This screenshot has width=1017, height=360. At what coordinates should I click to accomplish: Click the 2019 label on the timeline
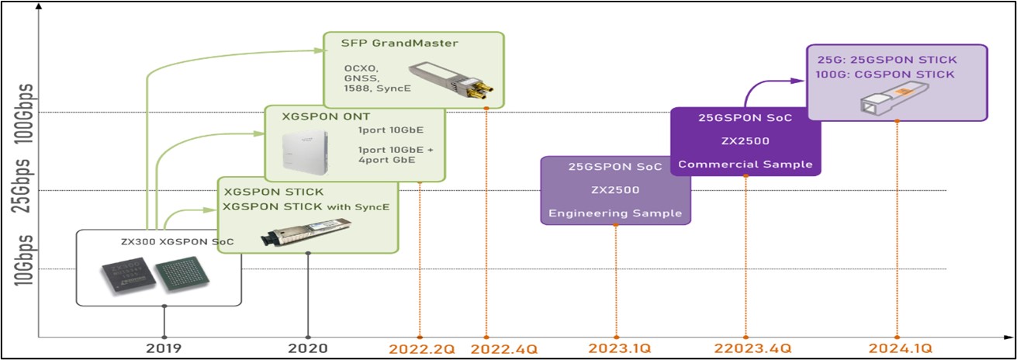164,348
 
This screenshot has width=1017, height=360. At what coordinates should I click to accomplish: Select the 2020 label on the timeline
309,348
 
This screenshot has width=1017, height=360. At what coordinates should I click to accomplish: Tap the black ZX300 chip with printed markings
125,275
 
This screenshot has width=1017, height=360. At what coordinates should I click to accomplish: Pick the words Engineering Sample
615,213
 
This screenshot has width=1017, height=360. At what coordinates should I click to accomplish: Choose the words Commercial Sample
745,164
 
